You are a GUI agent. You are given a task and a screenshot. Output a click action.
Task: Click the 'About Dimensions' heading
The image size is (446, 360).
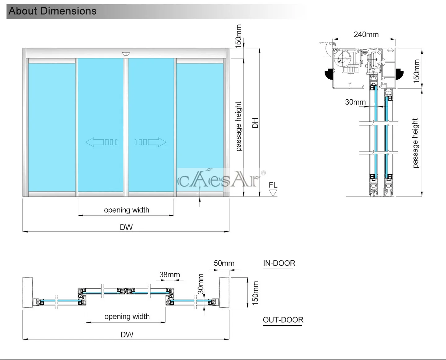53,11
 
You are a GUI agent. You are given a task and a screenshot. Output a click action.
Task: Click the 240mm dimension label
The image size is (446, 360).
366,34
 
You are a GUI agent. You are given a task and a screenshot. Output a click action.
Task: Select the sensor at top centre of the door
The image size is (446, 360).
126,54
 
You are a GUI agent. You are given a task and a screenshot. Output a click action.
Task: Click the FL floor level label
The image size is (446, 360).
273,185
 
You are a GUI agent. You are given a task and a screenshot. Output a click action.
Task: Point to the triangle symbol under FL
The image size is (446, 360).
273,193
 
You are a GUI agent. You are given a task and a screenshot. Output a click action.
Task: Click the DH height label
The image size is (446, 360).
255,123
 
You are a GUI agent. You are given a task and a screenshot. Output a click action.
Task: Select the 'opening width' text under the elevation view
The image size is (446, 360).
127,210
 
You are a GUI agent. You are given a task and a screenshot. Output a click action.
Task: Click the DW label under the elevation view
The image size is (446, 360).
126,227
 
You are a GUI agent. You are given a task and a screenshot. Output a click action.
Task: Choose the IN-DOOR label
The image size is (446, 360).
279,263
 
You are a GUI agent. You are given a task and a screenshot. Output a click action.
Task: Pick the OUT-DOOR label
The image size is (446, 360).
283,320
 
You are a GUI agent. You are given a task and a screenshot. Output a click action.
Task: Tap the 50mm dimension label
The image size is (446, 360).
224,263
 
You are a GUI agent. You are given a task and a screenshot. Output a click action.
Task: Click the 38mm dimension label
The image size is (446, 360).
169,275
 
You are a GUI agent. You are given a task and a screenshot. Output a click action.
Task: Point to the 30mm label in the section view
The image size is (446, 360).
355,102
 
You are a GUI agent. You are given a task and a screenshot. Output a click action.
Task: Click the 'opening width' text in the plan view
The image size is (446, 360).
127,316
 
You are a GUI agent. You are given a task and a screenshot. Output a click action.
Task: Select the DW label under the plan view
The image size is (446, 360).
127,335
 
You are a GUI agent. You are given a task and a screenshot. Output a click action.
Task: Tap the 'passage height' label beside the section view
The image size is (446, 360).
415,143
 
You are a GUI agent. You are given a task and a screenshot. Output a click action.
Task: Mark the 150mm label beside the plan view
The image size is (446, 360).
255,293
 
